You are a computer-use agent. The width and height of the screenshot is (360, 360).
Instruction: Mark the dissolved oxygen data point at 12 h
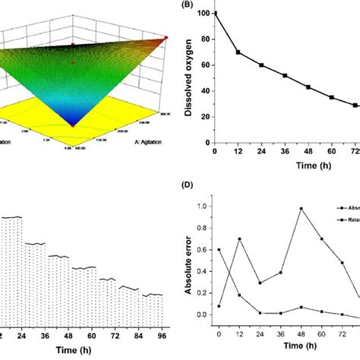[238, 52]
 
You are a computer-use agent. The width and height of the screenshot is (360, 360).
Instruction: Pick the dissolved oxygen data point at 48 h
[308, 87]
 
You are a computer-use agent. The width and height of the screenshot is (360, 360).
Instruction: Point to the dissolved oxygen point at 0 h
[215, 13]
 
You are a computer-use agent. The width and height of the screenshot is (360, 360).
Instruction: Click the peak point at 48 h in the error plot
[301, 208]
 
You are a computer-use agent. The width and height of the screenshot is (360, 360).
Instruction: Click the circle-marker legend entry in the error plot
[340, 206]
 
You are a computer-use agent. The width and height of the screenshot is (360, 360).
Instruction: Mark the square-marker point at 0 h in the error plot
[219, 249]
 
